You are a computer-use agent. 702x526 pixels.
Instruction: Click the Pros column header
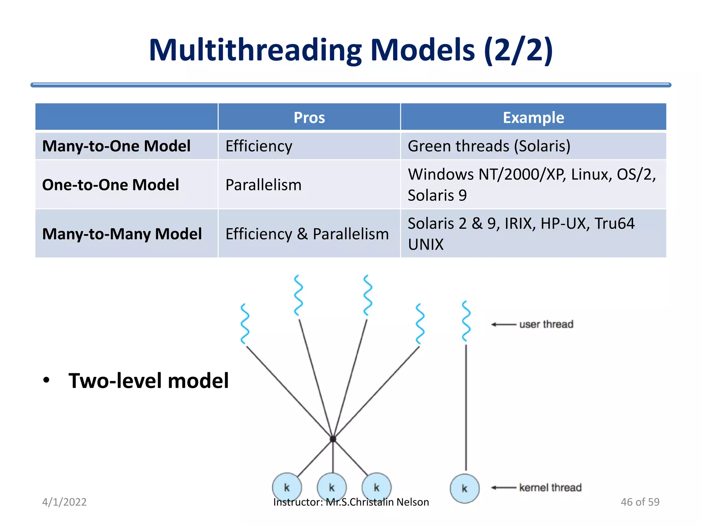[x=309, y=117]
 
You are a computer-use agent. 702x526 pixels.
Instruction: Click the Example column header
[x=533, y=117]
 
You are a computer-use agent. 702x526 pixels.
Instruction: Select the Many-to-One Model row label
[x=116, y=146]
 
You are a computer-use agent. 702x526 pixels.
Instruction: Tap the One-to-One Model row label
[x=110, y=185]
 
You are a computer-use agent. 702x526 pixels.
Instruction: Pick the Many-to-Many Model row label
[x=122, y=234]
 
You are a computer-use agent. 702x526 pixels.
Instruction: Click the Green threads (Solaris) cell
[x=489, y=146]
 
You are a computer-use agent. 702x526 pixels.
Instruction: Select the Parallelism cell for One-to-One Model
[x=263, y=185]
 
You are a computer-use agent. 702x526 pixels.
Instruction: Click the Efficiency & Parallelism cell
[x=307, y=234]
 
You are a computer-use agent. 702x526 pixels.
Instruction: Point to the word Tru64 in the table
[x=614, y=223]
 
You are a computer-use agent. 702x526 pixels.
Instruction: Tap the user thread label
[x=546, y=324]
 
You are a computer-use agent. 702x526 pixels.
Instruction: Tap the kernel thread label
[x=550, y=487]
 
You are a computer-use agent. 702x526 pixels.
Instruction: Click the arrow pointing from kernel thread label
[x=504, y=487]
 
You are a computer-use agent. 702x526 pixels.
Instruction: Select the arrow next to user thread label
[x=504, y=324]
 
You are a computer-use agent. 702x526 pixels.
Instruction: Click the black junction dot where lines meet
[x=333, y=439]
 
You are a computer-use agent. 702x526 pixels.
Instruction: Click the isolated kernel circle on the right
[x=464, y=488]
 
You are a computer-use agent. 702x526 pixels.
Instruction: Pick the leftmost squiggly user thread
[x=245, y=324]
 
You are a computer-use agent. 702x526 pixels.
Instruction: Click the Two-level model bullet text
[x=148, y=380]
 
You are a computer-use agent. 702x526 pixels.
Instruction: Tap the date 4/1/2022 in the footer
[x=64, y=502]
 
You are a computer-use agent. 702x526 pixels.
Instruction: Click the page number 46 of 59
[x=640, y=502]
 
